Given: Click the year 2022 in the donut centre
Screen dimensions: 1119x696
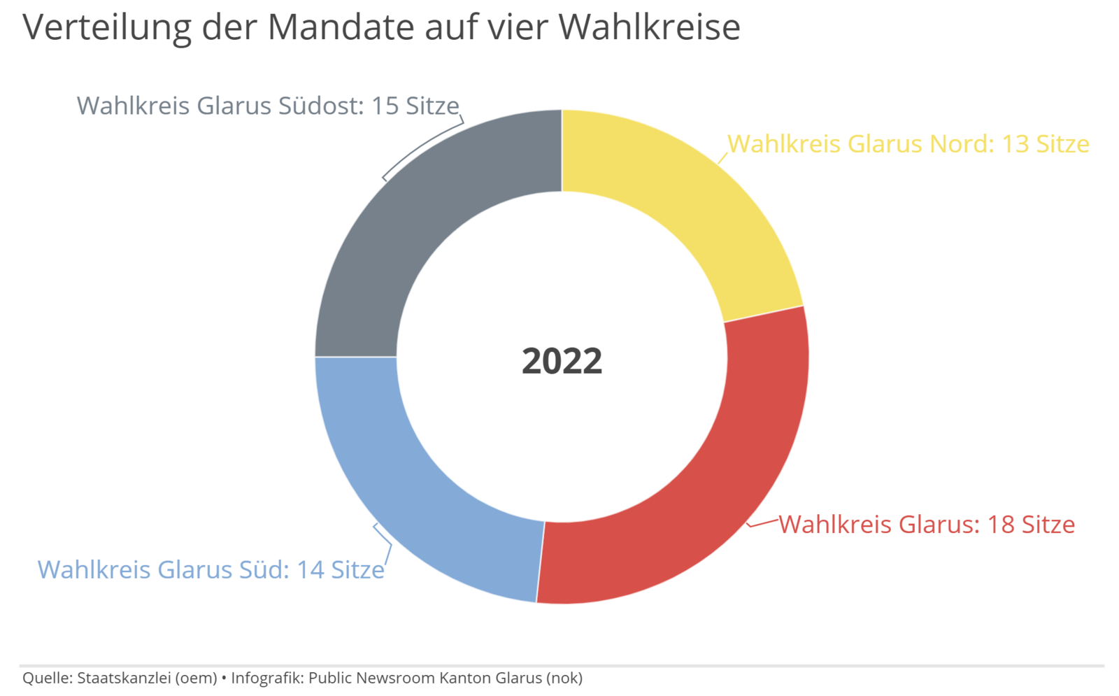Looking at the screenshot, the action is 562,361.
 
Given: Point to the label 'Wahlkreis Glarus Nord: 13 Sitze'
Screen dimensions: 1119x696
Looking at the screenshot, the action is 908,144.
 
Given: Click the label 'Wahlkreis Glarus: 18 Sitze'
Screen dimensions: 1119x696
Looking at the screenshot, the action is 927,525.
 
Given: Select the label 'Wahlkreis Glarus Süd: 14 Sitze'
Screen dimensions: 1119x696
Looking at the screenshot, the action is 211,569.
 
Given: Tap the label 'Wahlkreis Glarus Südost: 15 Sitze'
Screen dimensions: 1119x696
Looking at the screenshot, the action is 268,106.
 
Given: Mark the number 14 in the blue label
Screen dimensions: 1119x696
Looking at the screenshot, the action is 311,569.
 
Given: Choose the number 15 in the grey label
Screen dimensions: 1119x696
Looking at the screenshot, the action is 385,106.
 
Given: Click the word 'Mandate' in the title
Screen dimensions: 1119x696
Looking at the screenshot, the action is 341,27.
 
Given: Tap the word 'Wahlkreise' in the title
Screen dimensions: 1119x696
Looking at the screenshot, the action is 650,27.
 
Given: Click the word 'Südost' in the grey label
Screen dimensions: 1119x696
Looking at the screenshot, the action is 321,106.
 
